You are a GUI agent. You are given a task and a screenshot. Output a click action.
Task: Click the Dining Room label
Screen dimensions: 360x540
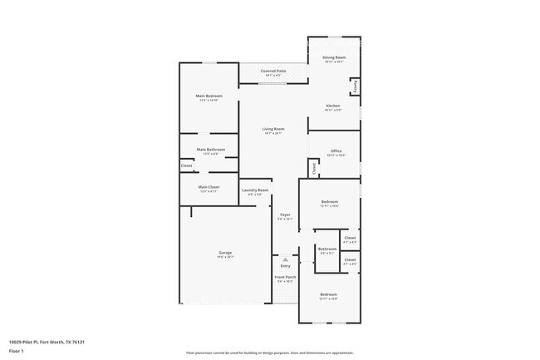point(334,57)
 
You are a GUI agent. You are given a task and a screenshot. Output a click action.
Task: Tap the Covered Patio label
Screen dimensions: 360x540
point(273,72)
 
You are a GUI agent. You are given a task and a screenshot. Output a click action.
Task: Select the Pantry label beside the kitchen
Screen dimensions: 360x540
point(356,86)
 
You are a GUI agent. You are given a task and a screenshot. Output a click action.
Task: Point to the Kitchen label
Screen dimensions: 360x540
point(333,106)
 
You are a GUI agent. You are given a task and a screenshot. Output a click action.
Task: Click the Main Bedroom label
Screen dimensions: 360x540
point(209,96)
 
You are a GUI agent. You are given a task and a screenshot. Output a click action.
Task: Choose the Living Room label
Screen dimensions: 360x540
point(273,129)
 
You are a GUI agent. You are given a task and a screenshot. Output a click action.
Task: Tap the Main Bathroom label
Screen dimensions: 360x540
point(211,150)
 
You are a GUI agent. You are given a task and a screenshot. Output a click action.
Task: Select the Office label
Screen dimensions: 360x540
point(336,151)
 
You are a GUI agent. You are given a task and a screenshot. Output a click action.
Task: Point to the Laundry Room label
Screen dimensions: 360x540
point(255,190)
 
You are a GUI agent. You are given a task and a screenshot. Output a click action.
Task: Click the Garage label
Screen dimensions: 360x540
point(225,253)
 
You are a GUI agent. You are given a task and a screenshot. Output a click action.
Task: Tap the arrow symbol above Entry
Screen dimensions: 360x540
point(285,259)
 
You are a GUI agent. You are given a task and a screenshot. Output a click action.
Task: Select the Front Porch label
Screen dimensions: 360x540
point(285,279)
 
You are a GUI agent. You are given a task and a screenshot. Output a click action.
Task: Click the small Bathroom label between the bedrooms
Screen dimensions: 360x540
point(327,249)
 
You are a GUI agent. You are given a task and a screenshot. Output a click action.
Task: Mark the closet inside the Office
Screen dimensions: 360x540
point(314,167)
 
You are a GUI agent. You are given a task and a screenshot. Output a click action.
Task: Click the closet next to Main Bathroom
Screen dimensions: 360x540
point(187,165)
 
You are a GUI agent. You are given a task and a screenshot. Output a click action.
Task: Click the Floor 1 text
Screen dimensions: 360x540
point(16,352)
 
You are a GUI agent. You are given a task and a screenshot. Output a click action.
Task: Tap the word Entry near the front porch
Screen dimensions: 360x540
point(285,266)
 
